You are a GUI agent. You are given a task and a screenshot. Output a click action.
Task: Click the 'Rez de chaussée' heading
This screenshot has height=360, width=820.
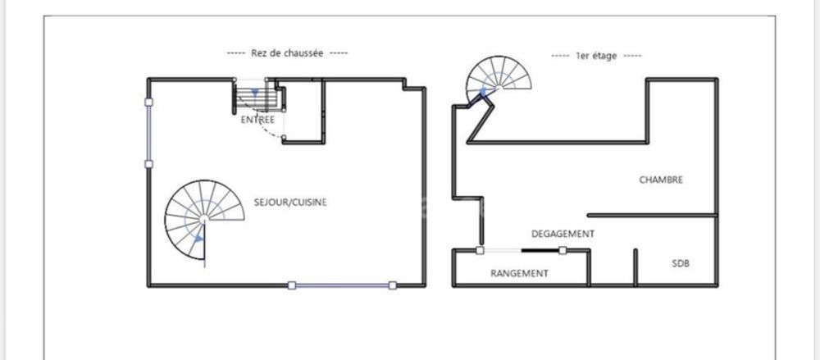[287, 52]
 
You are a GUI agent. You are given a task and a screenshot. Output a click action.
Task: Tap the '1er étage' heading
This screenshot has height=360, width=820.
[596, 56]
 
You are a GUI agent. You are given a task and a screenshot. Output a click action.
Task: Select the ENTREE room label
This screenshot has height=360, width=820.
[257, 120]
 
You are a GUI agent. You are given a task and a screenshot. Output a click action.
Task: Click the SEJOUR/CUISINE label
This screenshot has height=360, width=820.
[290, 202]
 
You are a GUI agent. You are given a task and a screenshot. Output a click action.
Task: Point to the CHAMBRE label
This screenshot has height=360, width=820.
[661, 180]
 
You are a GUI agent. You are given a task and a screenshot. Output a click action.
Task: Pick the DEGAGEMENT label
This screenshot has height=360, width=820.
[563, 234]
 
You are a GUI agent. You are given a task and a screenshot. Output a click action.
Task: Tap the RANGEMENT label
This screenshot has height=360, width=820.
[519, 273]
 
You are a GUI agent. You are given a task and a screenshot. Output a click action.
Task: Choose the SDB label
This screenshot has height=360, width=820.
[681, 263]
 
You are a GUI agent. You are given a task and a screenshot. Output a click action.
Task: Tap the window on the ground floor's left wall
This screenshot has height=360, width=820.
[148, 133]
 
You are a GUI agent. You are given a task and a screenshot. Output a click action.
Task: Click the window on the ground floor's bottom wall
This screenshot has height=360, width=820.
[342, 285]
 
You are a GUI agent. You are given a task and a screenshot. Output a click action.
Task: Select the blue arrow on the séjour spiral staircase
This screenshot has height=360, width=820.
[198, 240]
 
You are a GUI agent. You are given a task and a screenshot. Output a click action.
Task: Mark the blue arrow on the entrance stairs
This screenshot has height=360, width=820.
[255, 93]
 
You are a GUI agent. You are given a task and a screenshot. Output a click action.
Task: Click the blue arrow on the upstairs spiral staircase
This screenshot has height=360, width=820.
[483, 93]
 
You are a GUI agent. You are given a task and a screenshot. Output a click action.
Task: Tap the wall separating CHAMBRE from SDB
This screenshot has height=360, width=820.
[652, 215]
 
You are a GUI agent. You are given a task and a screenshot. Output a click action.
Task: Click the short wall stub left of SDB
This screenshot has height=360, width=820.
[635, 267]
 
